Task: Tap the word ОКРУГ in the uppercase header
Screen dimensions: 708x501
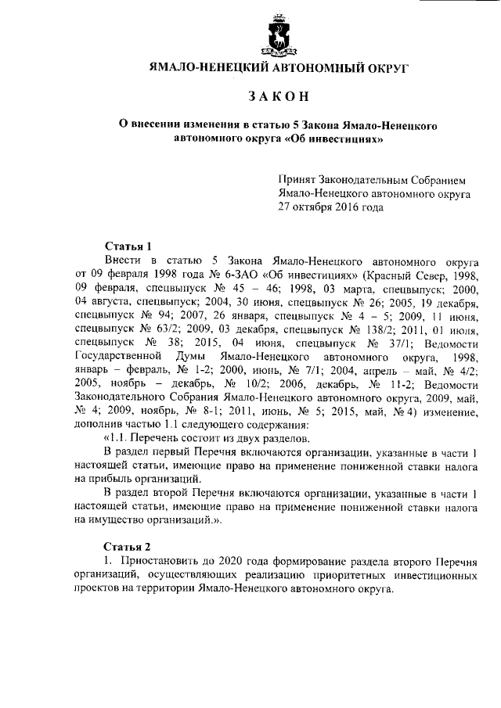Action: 382,67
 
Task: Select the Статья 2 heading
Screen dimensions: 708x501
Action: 128,547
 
